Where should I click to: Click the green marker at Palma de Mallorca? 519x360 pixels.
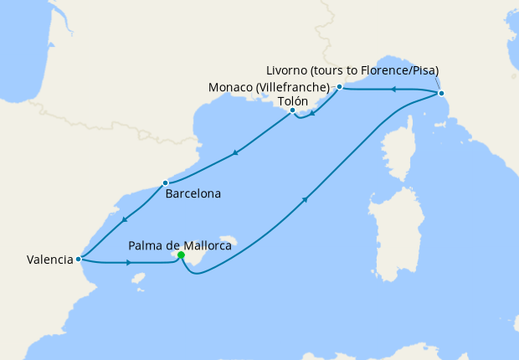click(181, 256)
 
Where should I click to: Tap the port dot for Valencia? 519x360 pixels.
click(78, 259)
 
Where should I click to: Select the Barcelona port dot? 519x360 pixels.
click(166, 183)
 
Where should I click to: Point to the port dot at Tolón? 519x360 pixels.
click(292, 111)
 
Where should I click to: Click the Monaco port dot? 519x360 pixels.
click(339, 87)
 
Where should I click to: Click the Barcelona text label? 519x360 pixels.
click(193, 194)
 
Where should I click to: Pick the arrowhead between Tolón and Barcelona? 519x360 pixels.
click(236, 152)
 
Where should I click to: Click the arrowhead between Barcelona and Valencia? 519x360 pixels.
click(123, 219)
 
